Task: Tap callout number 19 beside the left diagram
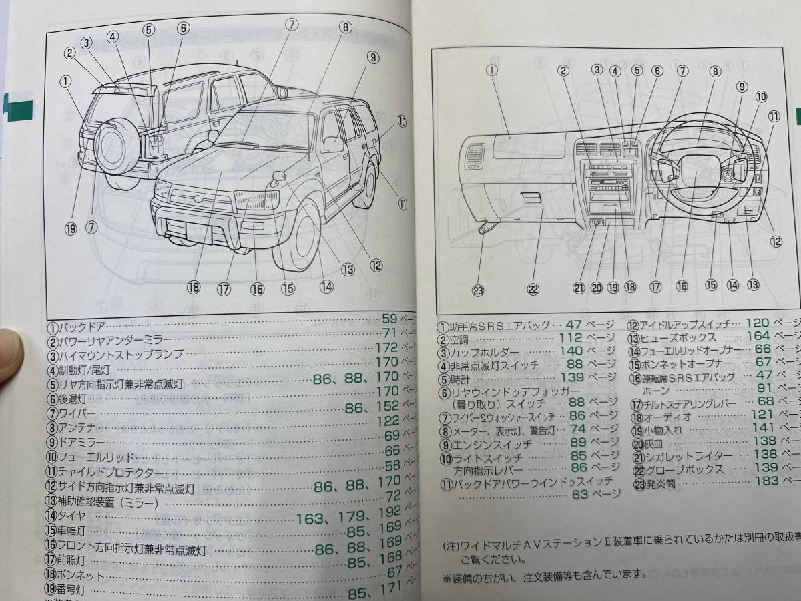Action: (71, 228)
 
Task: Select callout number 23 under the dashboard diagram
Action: (478, 290)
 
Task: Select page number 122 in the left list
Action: (388, 421)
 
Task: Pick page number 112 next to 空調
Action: (570, 337)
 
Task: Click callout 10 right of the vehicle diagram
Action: (401, 122)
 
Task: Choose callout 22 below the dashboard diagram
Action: (532, 289)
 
